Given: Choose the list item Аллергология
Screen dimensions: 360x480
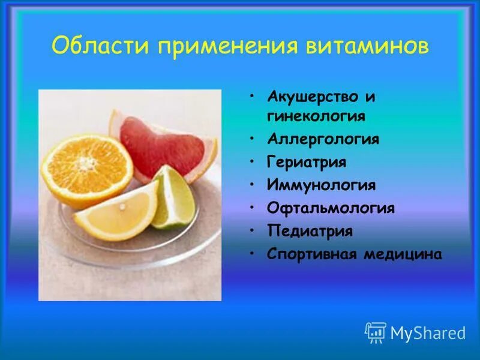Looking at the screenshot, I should point(323,139).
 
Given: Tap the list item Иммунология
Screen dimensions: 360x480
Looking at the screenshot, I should point(321,185).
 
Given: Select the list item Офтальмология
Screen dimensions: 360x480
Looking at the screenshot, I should point(331,208).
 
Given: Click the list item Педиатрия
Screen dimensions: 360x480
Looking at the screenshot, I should point(310,231).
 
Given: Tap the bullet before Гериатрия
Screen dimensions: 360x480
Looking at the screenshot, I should point(254,162).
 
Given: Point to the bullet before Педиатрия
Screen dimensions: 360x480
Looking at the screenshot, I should point(254,231).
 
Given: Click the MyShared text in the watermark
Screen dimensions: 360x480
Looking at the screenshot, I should point(428,332).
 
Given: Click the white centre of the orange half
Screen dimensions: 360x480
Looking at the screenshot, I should point(88,163).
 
